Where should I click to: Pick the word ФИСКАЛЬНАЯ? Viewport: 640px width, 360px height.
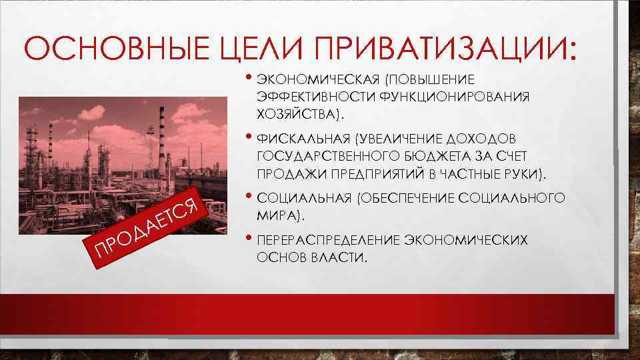(303, 139)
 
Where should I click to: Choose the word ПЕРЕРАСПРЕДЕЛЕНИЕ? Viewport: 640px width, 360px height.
(325, 240)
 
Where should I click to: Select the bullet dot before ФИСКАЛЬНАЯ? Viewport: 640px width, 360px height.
(248, 139)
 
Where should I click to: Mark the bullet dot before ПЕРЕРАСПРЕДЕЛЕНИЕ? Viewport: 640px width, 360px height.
(248, 239)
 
